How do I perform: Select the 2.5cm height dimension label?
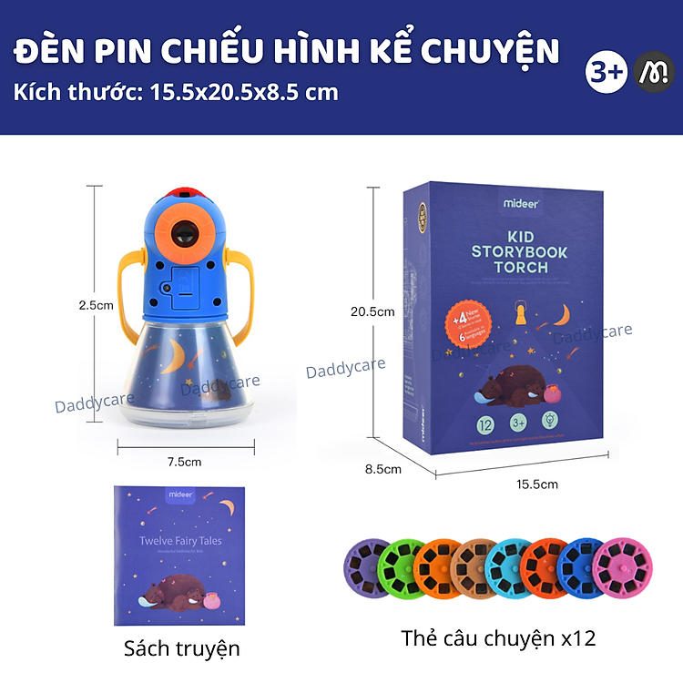(x=96, y=306)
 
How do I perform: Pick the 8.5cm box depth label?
(x=383, y=469)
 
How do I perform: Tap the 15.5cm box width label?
(x=536, y=484)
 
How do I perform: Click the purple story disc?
(x=366, y=567)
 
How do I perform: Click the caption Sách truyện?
(x=182, y=647)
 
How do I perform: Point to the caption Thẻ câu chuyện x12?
(x=498, y=638)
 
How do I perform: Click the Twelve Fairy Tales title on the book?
(x=180, y=541)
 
